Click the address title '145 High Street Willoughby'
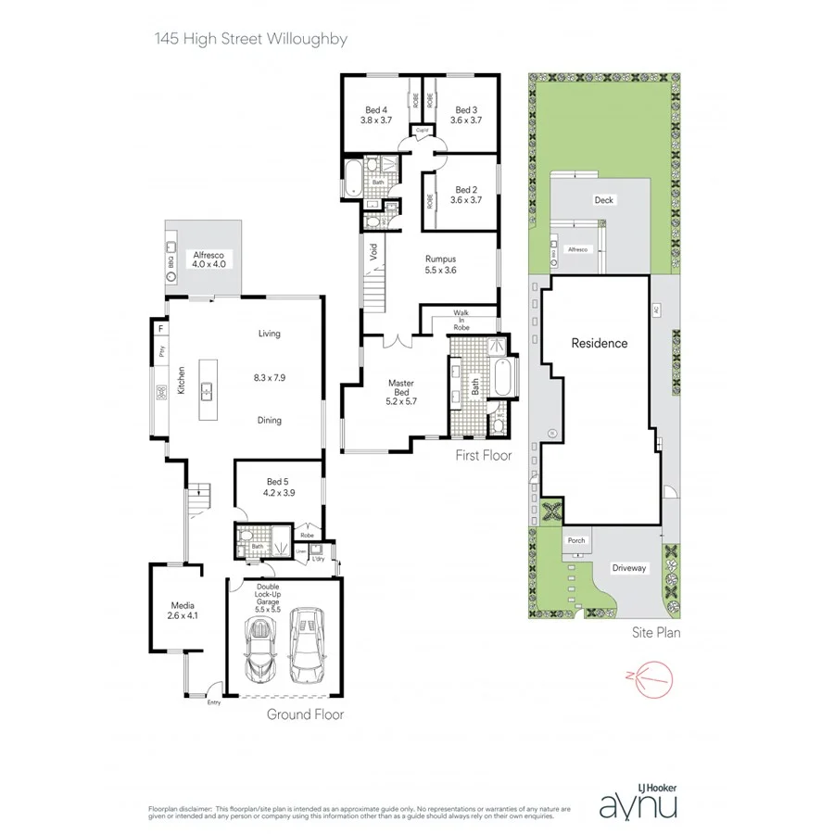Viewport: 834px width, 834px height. (x=249, y=40)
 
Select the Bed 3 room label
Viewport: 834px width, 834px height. (x=465, y=114)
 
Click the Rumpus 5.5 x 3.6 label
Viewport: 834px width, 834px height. (x=441, y=264)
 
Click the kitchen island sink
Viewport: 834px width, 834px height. (x=208, y=391)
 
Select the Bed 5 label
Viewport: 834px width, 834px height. (x=279, y=486)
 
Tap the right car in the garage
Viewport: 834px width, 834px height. (x=307, y=643)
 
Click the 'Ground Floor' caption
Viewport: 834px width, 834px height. (x=305, y=714)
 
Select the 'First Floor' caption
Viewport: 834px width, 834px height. (x=483, y=456)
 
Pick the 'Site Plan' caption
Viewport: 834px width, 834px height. (x=655, y=634)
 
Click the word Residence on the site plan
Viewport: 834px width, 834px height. (x=599, y=343)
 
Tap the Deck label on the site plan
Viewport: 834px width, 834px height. (x=604, y=200)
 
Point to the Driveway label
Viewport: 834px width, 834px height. (x=630, y=568)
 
